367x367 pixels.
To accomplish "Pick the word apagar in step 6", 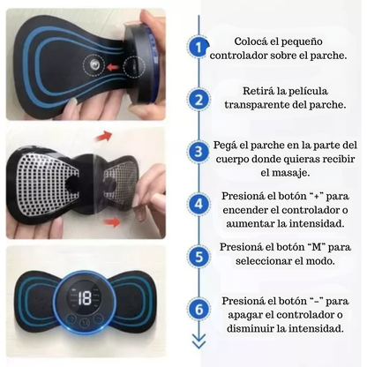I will pyautogui.click(x=239, y=315).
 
